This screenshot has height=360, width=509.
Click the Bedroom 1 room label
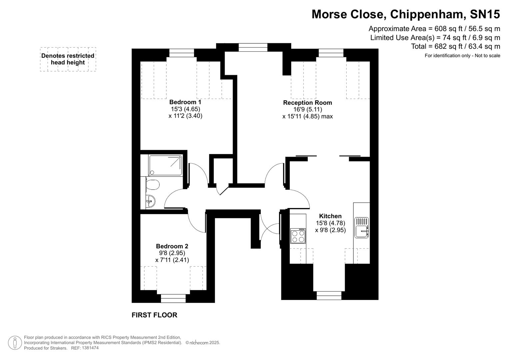pyautogui.click(x=185, y=102)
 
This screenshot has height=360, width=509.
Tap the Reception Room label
pyautogui.click(x=307, y=103)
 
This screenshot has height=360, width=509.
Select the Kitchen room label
pyautogui.click(x=330, y=216)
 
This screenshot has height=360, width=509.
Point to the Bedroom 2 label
pyautogui.click(x=172, y=246)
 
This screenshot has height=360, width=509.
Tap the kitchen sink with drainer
pyautogui.click(x=362, y=228)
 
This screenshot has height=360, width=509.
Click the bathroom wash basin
pyautogui.click(x=150, y=201)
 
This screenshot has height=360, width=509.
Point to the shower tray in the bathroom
pyautogui.click(x=166, y=165)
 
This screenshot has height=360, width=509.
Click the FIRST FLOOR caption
pyautogui.click(x=154, y=315)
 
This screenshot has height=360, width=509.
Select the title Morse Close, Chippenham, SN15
pyautogui.click(x=406, y=14)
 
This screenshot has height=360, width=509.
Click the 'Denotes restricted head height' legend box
pyautogui.click(x=68, y=59)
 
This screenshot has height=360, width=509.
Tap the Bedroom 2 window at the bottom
pyautogui.click(x=173, y=298)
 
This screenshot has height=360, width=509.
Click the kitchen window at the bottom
pyautogui.click(x=329, y=295)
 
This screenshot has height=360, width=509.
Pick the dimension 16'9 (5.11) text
pyautogui.click(x=307, y=109)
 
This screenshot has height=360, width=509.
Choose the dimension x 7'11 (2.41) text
pyautogui.click(x=172, y=260)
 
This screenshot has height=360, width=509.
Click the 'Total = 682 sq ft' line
pyautogui.click(x=455, y=46)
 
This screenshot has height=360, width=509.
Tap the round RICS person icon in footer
pyautogui.click(x=15, y=343)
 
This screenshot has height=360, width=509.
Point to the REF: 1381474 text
pyautogui.click(x=84, y=348)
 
